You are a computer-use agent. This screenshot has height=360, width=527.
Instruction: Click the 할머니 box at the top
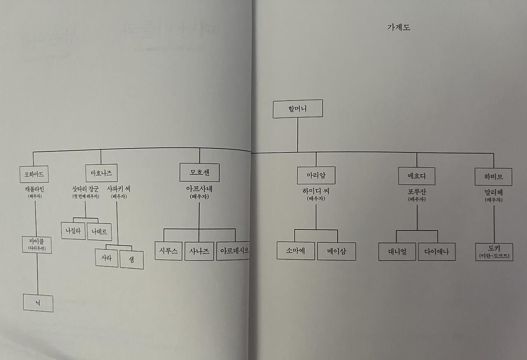point(297,109)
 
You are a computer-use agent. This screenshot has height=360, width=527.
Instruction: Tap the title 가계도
point(398,28)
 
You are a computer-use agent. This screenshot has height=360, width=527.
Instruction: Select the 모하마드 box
point(34,174)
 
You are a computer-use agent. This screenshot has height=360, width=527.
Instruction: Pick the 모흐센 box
point(199,172)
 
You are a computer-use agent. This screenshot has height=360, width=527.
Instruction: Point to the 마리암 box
point(316,175)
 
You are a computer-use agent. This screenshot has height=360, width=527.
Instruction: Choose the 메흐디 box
point(416,176)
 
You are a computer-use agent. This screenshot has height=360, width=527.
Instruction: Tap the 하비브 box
point(493,177)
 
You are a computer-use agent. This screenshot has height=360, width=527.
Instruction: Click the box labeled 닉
point(38,303)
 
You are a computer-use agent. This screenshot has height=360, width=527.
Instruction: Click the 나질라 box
point(72,231)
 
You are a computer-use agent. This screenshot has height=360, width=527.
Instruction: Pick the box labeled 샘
point(131,260)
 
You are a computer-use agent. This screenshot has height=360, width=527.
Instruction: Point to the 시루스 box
point(168,251)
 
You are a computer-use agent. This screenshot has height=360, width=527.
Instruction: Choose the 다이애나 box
point(436,252)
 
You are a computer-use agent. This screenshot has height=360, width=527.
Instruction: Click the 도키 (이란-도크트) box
point(494,252)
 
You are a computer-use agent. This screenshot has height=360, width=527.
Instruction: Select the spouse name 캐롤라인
point(35,189)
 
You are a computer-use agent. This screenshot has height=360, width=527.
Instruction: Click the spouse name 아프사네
point(199,189)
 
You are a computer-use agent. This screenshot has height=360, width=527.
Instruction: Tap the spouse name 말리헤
point(493,192)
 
